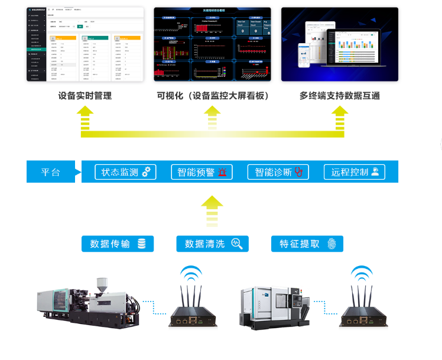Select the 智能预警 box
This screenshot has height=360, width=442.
coord(201,172)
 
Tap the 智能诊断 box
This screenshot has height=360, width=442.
coord(278,172)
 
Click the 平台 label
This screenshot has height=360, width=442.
coord(51,173)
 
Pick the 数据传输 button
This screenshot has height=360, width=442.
coord(118,244)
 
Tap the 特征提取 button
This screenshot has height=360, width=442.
coord(307,244)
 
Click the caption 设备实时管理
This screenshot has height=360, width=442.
coord(85,96)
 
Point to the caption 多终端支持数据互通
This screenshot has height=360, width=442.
coord(339,96)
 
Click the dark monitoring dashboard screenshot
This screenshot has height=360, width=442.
coord(212,44)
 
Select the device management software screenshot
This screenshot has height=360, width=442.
coord(86,44)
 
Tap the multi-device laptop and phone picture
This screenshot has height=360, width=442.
coord(339,44)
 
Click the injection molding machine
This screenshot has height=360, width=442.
coord(89,300)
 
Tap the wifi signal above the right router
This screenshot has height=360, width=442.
coord(362,274)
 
